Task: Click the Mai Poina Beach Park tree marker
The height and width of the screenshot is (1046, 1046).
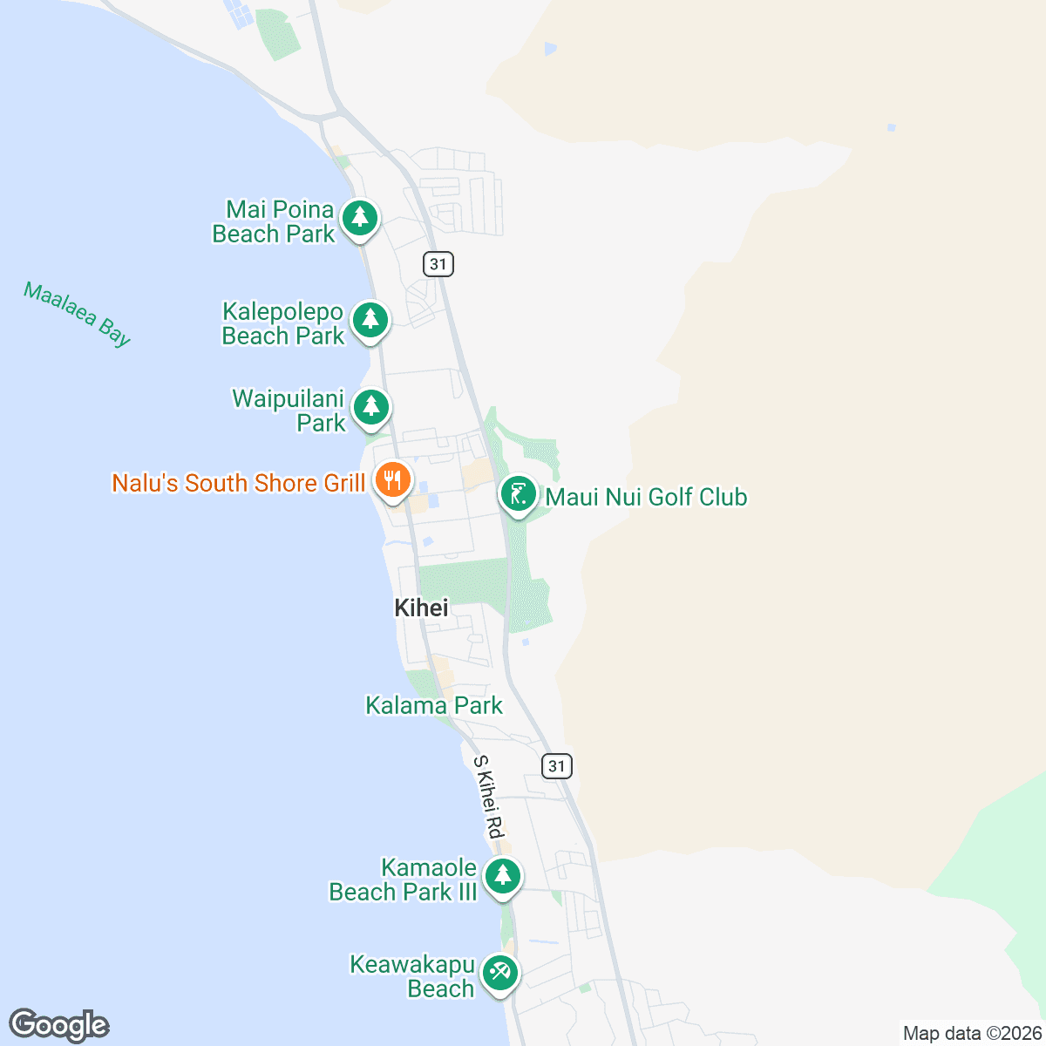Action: (359, 218)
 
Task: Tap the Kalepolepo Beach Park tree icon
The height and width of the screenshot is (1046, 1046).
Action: (370, 320)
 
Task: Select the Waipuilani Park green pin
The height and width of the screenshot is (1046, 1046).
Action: (371, 407)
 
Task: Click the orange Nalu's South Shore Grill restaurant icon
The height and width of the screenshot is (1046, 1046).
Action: (392, 479)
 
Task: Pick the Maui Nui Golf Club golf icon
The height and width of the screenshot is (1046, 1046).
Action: (519, 494)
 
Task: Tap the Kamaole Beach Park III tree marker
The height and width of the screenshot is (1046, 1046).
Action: (502, 876)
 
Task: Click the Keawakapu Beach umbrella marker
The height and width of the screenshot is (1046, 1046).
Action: (499, 973)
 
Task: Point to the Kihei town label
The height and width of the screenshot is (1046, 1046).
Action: (421, 608)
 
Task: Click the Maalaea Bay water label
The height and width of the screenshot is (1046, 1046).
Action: (77, 314)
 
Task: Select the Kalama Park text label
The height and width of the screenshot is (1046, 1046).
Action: (434, 705)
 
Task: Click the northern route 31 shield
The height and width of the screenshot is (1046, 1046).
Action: (438, 263)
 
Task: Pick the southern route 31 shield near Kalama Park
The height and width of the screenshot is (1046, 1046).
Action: (557, 766)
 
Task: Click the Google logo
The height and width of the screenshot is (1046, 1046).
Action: (58, 1025)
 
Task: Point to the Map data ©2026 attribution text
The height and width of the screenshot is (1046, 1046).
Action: (972, 1034)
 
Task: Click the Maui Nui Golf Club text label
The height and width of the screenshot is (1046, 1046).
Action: (646, 497)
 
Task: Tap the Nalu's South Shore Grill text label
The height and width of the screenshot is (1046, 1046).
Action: (239, 483)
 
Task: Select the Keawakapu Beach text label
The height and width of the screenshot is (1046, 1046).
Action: (412, 976)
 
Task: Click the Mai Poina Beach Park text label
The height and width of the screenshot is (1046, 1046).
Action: (274, 221)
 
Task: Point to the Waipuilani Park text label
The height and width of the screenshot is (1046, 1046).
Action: (289, 411)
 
